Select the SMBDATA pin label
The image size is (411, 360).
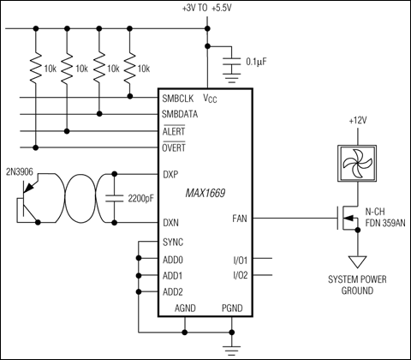coord(182,113)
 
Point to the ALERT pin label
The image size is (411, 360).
coord(176,131)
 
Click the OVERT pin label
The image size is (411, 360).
coord(176,147)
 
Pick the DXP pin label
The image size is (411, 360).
coord(170,174)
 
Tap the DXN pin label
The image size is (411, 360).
coord(170,224)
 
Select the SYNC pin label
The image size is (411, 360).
coord(173,242)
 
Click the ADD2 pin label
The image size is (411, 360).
coord(173,292)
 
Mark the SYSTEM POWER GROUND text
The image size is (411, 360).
coord(352,285)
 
